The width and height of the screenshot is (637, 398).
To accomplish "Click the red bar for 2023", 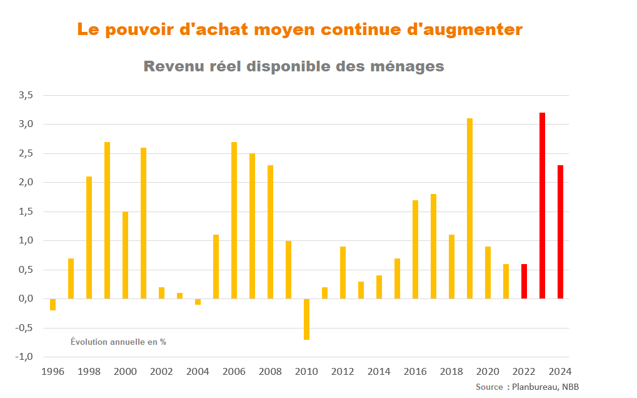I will [x=542, y=205].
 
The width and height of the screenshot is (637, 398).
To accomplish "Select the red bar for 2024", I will [x=560, y=232].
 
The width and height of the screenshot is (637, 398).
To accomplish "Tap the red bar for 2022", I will [x=524, y=281].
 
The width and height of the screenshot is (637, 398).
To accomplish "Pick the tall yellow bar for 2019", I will [x=469, y=208].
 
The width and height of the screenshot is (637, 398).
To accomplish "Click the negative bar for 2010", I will [x=307, y=319].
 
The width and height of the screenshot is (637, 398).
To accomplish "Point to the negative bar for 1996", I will [x=53, y=304].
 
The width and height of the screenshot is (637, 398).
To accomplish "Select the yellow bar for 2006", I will [x=234, y=220].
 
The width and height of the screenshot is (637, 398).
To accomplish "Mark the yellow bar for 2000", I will [x=125, y=255].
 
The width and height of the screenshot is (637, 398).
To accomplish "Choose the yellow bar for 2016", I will [x=415, y=249].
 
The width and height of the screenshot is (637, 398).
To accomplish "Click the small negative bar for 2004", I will [x=198, y=302].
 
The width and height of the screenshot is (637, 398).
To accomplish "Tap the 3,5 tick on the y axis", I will [x=26, y=95].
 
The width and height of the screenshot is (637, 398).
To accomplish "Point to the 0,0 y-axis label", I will [x=26, y=298].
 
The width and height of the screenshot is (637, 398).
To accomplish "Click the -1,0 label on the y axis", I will [x=24, y=357].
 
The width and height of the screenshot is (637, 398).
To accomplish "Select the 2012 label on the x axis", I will [x=343, y=372].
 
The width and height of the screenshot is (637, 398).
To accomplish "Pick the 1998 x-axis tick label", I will [x=89, y=372].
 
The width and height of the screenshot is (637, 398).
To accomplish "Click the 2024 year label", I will [x=560, y=372].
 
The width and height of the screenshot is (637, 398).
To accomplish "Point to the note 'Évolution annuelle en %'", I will [x=118, y=342].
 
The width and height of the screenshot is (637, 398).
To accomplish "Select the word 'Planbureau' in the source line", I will [x=534, y=387].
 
